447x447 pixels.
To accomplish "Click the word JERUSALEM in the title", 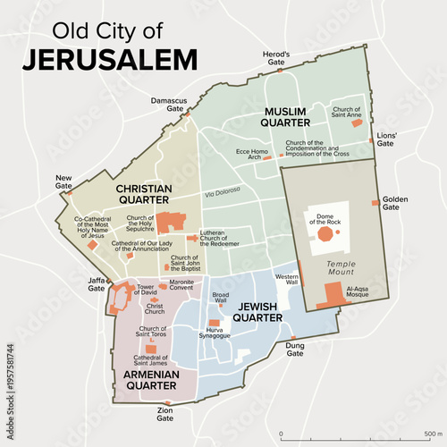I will tap(110, 59).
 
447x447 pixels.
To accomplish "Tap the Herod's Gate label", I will tap(275, 59).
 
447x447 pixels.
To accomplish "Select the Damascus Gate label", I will tap(169, 105).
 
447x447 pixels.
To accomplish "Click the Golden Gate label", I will tap(395, 203).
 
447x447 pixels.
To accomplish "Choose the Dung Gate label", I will tap(295, 349).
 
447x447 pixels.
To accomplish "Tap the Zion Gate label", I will tap(165, 414).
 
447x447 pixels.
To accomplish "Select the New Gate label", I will tap(63, 182).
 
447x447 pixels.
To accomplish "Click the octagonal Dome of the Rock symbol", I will tap(324, 232).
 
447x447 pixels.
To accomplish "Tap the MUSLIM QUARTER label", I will tap(285, 116).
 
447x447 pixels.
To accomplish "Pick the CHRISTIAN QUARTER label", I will tap(144, 194).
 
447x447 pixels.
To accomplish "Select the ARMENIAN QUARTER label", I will tap(147, 379).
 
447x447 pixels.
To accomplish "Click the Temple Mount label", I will tap(341, 268).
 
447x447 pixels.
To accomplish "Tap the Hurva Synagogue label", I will tap(214, 333).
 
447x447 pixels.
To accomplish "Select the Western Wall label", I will tap(286, 282).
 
